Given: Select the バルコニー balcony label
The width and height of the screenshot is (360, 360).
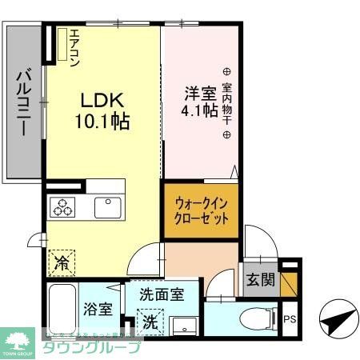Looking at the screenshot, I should coord(24,103).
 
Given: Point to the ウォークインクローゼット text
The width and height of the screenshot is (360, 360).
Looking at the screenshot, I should coord(201,210).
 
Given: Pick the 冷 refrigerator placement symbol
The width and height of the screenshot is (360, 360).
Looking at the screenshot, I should coord(61,261).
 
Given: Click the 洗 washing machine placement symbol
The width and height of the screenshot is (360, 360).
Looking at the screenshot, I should coord(150,322).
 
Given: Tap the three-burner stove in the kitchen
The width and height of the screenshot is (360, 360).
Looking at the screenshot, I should coord(63,207).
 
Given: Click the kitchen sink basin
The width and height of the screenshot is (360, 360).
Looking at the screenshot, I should coord(106,206).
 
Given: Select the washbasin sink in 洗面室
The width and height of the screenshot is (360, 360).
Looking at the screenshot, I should coord(186,325).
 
